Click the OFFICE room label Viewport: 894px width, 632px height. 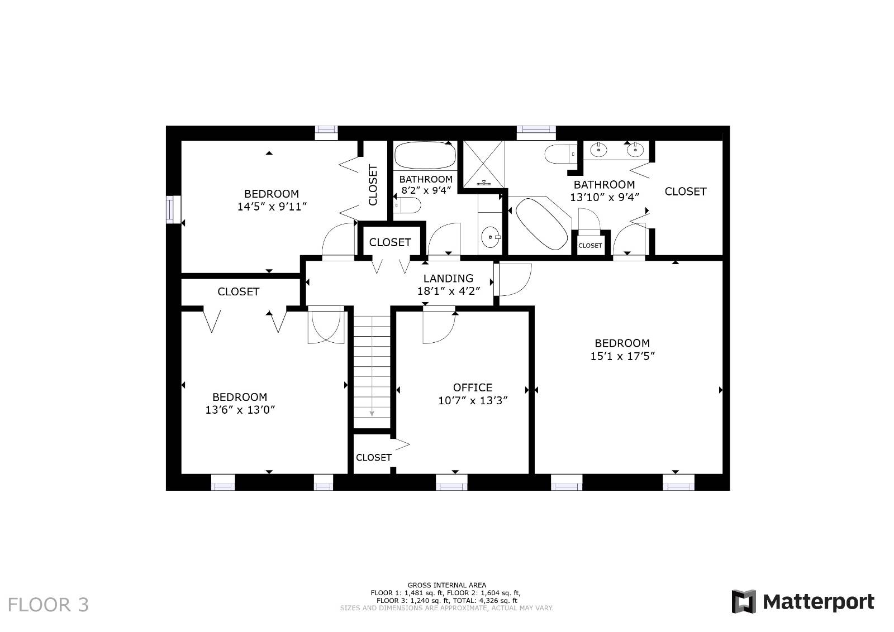(x=472, y=387)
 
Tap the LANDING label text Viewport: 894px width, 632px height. (x=448, y=278)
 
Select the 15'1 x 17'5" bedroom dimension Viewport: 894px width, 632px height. (x=622, y=356)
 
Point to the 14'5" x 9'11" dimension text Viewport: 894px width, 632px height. (x=272, y=207)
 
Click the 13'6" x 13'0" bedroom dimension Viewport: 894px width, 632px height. (x=240, y=410)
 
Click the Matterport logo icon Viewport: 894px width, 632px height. (x=743, y=601)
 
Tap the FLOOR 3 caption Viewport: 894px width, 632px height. (x=48, y=605)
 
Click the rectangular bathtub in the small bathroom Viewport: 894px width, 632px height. (x=425, y=155)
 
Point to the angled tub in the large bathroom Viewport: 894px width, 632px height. (x=540, y=223)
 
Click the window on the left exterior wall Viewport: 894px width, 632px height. (x=174, y=210)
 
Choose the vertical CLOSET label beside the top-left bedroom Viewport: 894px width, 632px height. (x=373, y=185)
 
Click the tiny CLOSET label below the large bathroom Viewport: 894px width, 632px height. (x=590, y=246)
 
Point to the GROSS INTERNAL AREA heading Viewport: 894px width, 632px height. (x=446, y=585)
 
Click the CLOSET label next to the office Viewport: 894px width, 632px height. (x=373, y=457)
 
